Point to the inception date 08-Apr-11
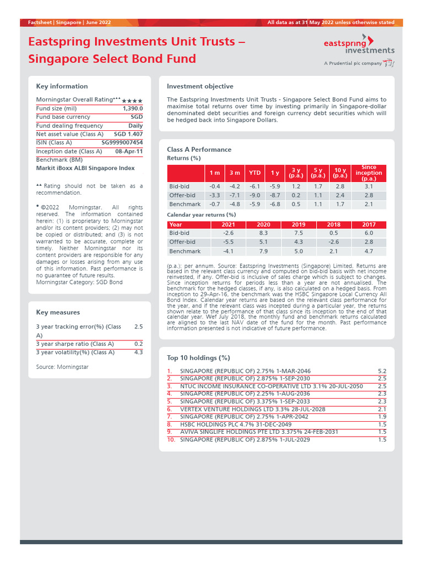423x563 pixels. [128, 151]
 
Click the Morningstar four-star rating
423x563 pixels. [132, 101]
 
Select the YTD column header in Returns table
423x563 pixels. [254, 173]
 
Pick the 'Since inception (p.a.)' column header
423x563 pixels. [368, 173]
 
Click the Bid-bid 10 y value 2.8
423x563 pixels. [339, 186]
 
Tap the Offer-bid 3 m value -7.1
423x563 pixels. [234, 195]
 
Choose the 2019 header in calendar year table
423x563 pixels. [298, 224]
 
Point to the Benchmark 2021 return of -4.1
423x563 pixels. [227, 251]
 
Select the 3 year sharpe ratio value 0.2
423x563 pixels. [138, 344]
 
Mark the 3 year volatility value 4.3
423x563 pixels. [138, 352]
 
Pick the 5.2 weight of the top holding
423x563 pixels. [382, 372]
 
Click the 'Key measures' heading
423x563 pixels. [58, 312]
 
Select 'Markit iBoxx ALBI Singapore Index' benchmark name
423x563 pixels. [85, 168]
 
